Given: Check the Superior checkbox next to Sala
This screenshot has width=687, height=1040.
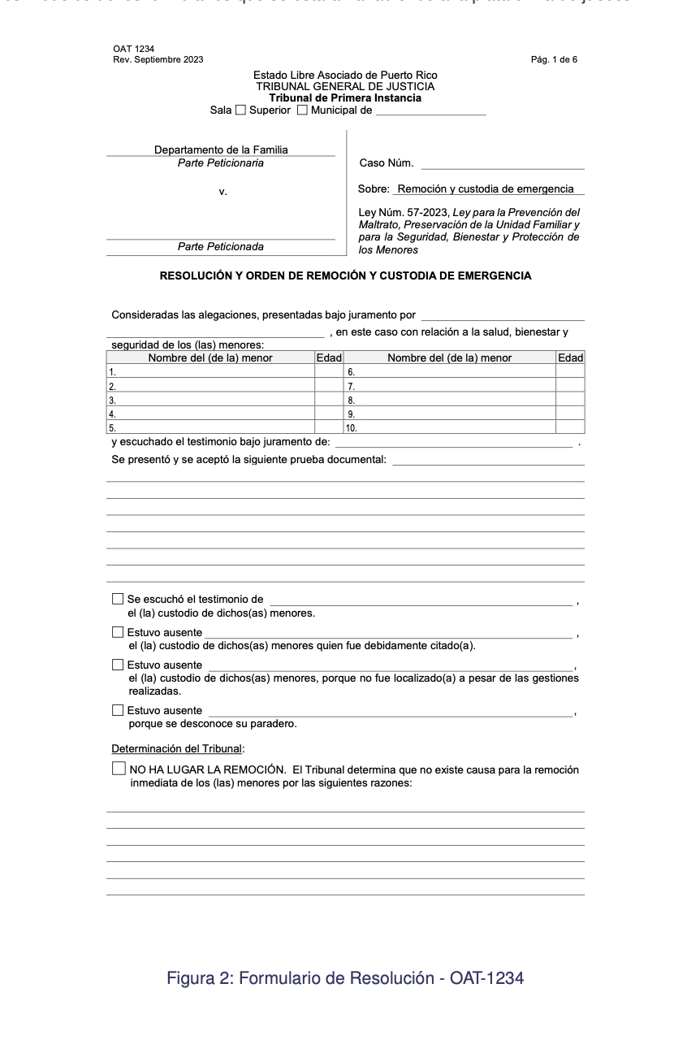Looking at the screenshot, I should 240,110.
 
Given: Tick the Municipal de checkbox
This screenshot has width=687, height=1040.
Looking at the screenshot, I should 302,110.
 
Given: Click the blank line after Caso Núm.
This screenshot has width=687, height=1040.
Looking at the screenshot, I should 502,164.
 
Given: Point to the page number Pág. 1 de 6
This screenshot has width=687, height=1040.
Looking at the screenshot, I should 553,59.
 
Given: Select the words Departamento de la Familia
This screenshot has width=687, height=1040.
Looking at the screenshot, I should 221,150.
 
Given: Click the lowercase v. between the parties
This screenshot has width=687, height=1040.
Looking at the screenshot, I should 223,193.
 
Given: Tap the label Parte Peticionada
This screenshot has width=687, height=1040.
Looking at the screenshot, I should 221,247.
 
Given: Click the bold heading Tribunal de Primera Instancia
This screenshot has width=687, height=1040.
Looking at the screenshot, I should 345,98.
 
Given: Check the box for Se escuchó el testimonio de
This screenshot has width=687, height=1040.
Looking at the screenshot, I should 118,600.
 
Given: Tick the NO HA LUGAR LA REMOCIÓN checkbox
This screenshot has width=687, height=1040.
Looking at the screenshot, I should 119,769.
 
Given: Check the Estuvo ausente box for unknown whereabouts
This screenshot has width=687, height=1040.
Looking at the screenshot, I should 118,711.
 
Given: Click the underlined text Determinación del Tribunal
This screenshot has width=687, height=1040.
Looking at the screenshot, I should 177,749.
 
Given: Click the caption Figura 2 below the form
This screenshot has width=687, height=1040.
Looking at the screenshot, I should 345,978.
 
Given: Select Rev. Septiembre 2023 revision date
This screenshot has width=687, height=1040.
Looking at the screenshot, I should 158,59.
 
